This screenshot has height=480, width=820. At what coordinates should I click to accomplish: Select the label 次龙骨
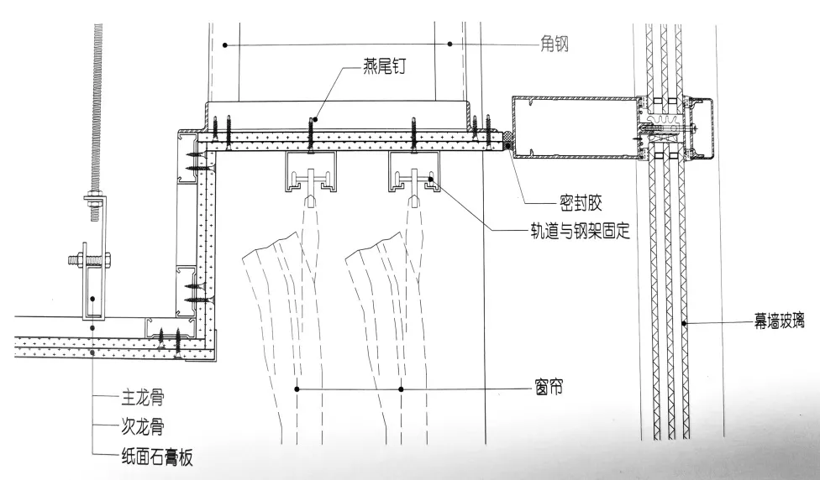139,426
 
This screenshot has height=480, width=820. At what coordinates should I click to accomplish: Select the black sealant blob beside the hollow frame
507,145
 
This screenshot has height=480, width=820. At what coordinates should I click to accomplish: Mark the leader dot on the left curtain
298,389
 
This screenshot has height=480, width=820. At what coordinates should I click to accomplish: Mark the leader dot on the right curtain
401,389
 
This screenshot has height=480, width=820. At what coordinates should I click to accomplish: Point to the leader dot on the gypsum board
92,352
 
